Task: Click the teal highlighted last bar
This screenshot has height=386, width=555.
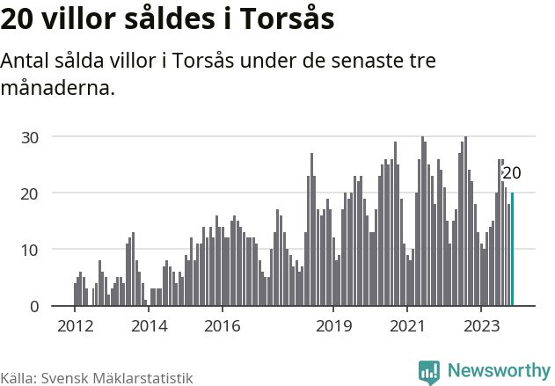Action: point(512,250)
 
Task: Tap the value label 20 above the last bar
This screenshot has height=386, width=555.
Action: point(511,173)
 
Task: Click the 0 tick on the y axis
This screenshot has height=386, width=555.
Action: point(34,306)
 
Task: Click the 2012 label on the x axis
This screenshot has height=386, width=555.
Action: point(74,326)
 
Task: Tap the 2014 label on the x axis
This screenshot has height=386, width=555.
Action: point(149,326)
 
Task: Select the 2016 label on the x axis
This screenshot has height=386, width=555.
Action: point(223,326)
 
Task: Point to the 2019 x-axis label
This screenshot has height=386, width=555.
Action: point(333,326)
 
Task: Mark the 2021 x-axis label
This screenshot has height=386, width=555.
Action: point(407,326)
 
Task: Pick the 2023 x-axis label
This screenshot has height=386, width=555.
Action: point(482,326)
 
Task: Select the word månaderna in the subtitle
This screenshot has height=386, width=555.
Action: point(58,88)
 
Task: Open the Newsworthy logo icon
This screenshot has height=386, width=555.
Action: point(429,372)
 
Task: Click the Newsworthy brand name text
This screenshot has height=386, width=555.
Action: point(498,371)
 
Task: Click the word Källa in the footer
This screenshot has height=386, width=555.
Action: point(17,378)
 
